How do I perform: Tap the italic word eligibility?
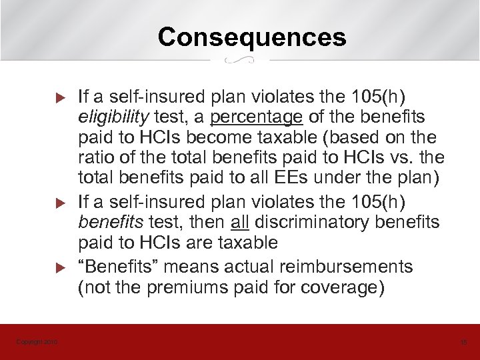tap(113, 117)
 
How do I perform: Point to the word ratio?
tap(97, 159)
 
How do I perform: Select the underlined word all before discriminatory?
tap(241, 222)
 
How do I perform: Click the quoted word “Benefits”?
tap(117, 267)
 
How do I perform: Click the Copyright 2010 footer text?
tap(37, 342)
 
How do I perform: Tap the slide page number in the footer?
tap(464, 342)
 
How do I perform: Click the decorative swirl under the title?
tap(239, 61)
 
